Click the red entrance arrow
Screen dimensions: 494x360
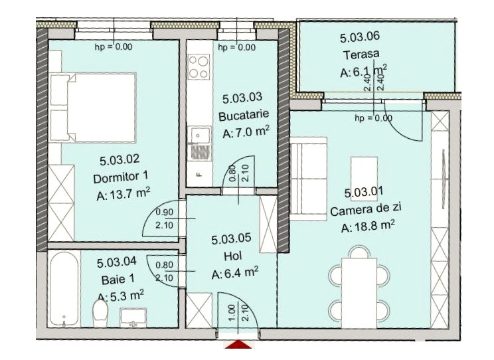pos(238,344)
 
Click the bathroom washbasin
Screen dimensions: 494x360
pos(133,317)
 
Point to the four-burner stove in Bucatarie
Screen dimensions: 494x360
pos(199,66)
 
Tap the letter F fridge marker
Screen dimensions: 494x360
pos(199,174)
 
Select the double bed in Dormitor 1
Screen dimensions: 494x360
pos(93,107)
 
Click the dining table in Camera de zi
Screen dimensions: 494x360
pos(359,293)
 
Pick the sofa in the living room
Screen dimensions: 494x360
pos(309,179)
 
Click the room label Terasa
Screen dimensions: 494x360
pos(361,54)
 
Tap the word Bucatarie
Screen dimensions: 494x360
pos(244,115)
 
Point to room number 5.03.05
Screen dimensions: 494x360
pos(231,239)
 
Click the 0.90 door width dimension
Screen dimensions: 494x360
pos(165,212)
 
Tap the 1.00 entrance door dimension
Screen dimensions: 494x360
pos(232,313)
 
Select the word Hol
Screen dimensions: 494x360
pos(233,256)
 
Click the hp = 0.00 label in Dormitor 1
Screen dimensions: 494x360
pos(114,47)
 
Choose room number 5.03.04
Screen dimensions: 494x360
pos(117,262)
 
